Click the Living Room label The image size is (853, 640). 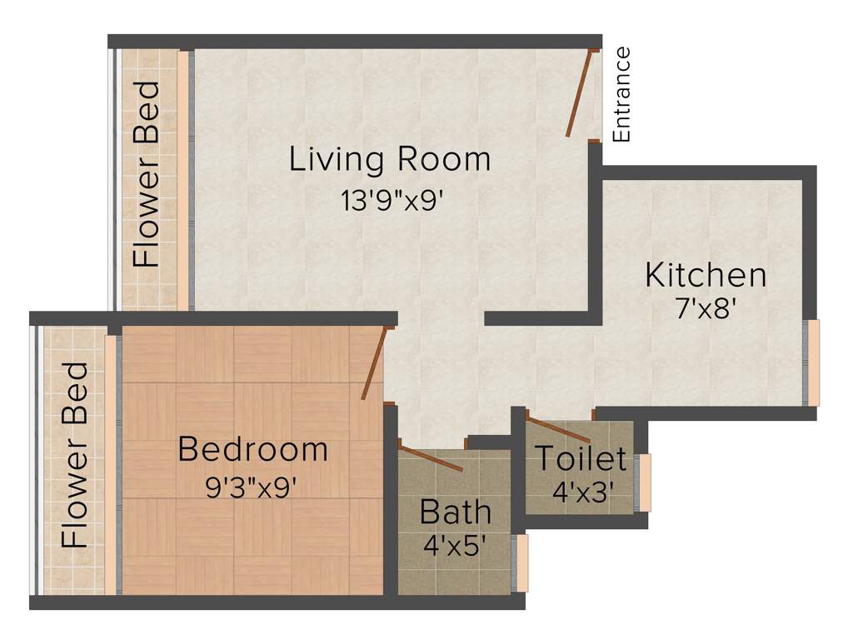point(390,158)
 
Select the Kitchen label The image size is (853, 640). point(705,275)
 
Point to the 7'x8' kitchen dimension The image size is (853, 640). point(705,309)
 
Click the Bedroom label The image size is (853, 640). point(252,450)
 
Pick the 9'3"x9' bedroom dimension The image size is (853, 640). point(252,487)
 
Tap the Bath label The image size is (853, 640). point(455,511)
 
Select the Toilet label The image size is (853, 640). point(580,458)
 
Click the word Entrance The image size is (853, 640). point(621,94)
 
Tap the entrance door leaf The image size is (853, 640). point(580,93)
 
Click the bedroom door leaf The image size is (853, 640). point(374,364)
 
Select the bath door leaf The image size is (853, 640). point(431,458)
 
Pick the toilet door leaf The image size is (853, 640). point(559,428)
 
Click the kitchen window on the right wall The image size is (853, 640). point(811,362)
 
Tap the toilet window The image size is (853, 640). point(643,482)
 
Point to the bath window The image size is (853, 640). point(521,563)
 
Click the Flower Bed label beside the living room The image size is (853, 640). point(147,173)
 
